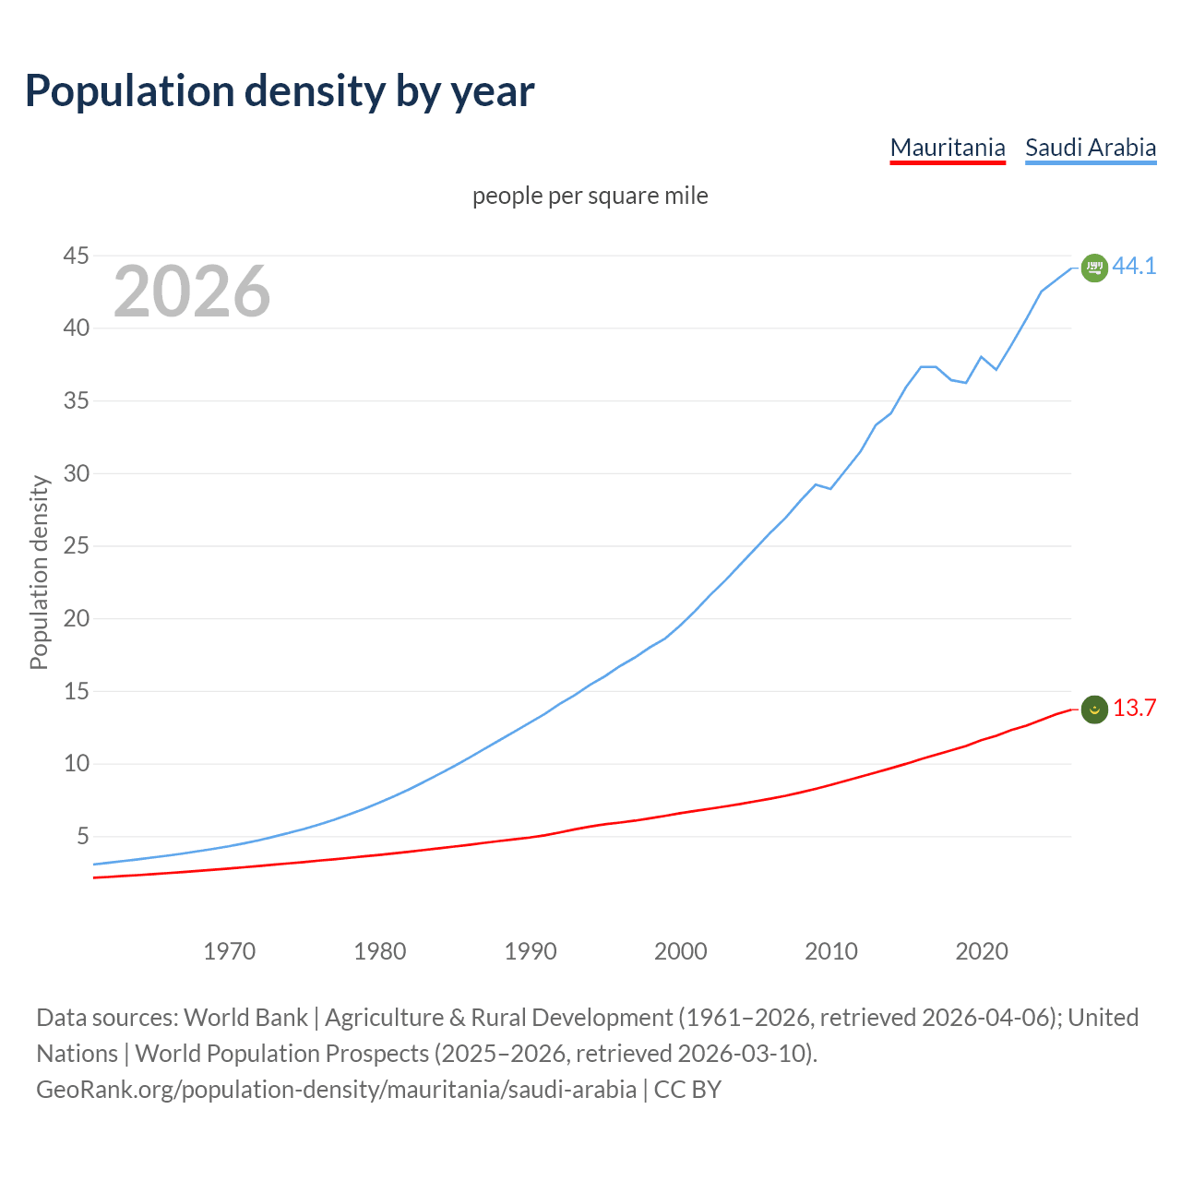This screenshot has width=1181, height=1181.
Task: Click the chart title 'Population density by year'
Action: click(280, 90)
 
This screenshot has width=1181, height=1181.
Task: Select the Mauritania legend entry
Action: click(947, 148)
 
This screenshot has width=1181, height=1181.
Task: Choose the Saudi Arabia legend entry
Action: click(1091, 148)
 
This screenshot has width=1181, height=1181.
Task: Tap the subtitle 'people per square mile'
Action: click(590, 196)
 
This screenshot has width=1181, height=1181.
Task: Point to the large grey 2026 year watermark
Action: click(192, 292)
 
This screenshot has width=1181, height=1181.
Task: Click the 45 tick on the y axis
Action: click(76, 256)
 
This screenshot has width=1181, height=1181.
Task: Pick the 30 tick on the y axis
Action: click(76, 473)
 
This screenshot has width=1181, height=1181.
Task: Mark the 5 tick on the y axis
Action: click(82, 837)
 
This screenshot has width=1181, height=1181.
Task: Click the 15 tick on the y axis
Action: click(76, 691)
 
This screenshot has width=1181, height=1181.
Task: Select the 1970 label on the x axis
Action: click(229, 951)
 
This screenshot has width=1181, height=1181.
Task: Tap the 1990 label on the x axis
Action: click(531, 951)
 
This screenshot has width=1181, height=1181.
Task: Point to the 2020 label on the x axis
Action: click(982, 951)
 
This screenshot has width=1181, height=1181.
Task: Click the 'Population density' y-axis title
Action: click(39, 572)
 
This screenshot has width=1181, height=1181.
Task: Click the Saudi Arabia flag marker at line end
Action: click(1094, 268)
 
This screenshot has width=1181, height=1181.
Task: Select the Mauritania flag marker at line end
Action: click(1094, 709)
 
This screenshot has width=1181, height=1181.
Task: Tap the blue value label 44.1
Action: click(1134, 266)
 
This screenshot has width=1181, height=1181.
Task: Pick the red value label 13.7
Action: click(1134, 708)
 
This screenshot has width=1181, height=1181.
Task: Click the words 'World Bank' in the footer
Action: click(245, 1018)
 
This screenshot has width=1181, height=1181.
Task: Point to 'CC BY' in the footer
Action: click(687, 1090)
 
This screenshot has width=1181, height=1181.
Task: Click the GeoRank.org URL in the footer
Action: click(336, 1090)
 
